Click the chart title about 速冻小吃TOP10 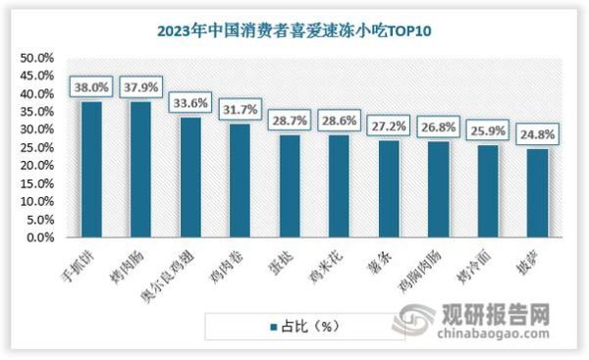point(294,29)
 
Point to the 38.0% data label point(90,85)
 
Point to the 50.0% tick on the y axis point(35,58)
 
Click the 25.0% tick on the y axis point(35,147)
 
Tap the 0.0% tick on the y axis point(37,237)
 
